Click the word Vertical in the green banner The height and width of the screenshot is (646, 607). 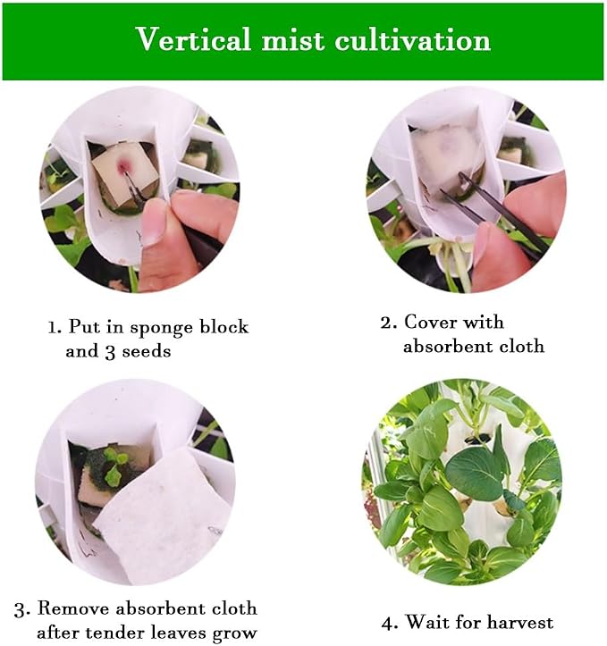[x=193, y=40]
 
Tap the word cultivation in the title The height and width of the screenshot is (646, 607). [x=412, y=41]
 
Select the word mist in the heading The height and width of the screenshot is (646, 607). [x=292, y=40]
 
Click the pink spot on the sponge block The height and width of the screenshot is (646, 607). [x=123, y=165]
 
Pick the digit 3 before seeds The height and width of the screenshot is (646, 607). [x=110, y=353]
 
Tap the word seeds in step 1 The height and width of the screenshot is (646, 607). [x=147, y=351]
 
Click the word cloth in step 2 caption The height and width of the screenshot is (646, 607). [x=522, y=346]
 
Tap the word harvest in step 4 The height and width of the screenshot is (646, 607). [x=518, y=622]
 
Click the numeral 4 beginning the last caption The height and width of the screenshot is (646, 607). [x=388, y=624]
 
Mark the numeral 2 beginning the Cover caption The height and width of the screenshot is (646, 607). [x=386, y=323]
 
